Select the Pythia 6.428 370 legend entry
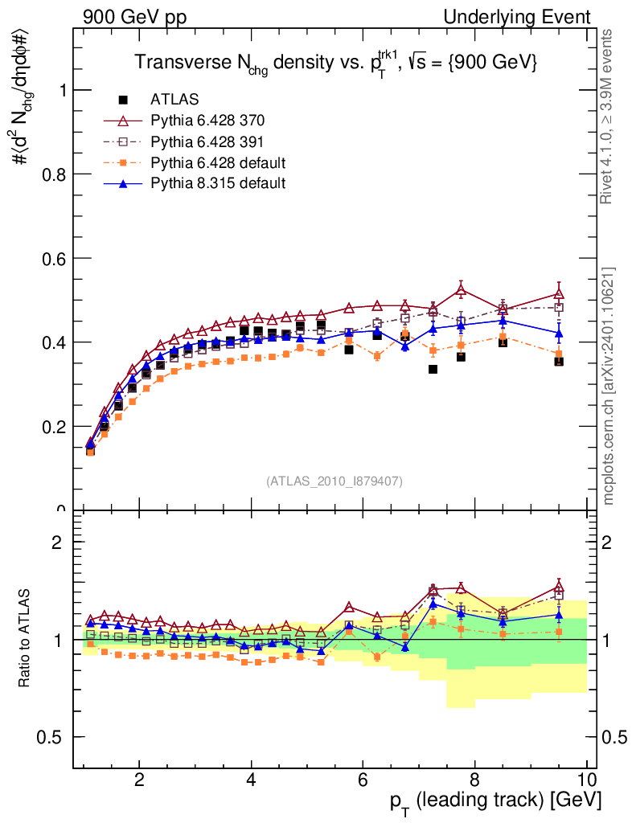point(207,121)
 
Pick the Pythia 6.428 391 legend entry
point(207,141)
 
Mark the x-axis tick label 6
point(363,780)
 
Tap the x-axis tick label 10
point(587,780)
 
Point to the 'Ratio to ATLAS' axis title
point(27,639)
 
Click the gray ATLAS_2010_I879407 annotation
point(334,481)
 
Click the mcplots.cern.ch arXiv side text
point(609,385)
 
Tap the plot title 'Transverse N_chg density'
point(334,62)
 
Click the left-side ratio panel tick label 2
point(57,543)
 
